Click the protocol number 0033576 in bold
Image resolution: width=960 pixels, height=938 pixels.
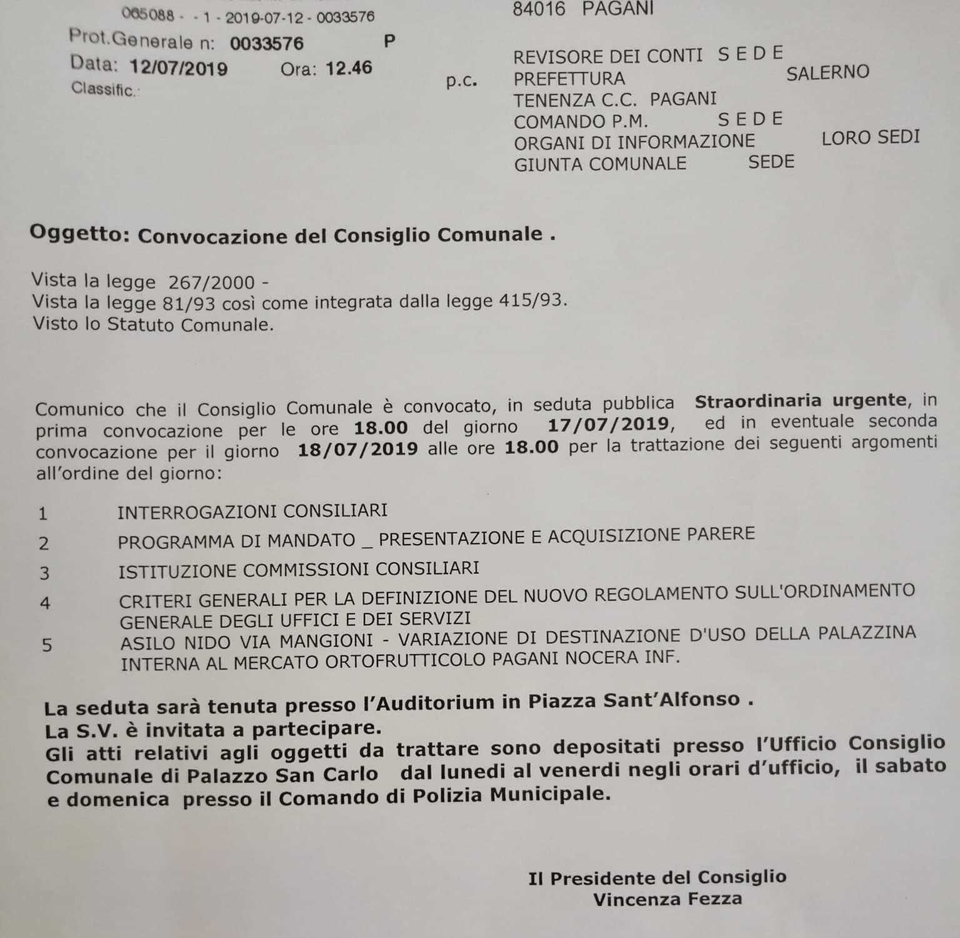(266, 43)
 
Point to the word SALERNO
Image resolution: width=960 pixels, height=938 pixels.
(827, 73)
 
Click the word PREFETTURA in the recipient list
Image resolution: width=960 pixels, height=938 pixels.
(569, 79)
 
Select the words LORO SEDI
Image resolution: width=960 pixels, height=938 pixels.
(871, 138)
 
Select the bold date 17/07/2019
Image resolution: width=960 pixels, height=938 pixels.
(608, 425)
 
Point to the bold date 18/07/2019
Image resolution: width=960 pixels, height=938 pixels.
(357, 450)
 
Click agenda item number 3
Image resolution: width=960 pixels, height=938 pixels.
(44, 573)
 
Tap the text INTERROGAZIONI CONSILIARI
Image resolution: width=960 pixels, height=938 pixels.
(252, 511)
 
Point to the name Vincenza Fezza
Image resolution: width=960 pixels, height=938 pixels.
(667, 899)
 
